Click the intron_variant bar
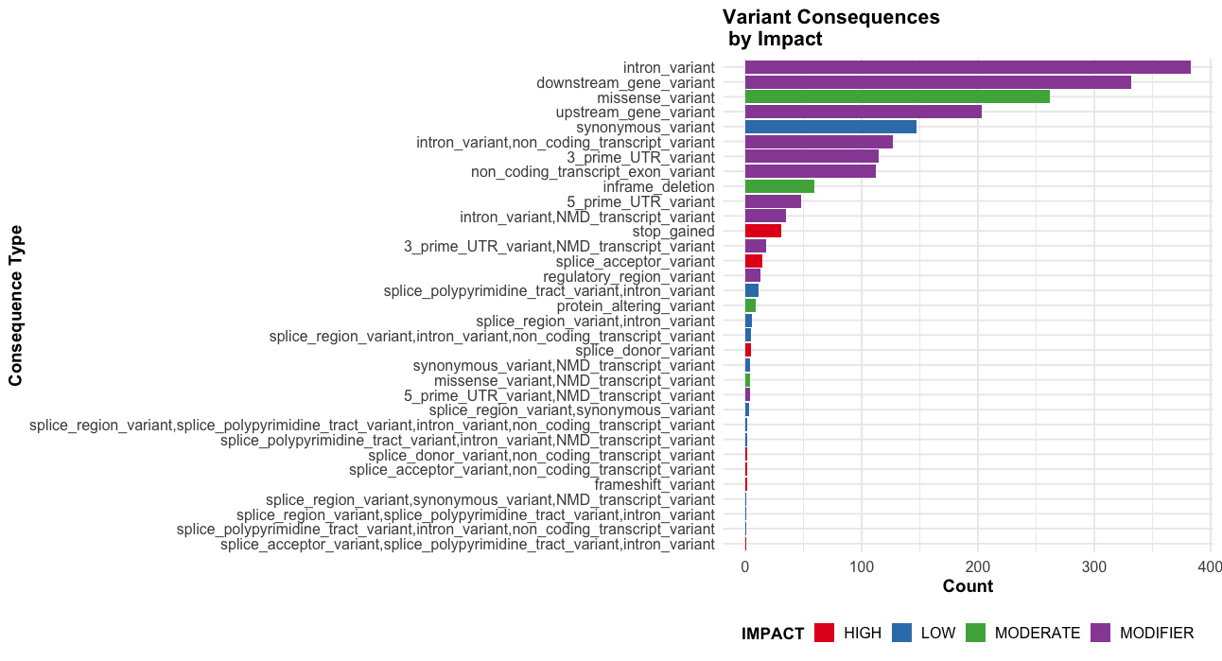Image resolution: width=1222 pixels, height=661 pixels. [967, 67]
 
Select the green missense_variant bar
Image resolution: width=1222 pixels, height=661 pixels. [897, 97]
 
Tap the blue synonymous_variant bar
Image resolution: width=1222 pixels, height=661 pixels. [830, 127]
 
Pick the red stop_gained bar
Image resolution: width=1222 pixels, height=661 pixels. [762, 232]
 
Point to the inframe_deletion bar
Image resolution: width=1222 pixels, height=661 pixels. [779, 186]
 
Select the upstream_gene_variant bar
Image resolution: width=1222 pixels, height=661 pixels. [863, 113]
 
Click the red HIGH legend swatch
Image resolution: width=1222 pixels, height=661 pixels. [825, 633]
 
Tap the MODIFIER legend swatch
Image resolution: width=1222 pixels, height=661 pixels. [1101, 633]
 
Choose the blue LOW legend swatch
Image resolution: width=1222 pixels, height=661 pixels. [903, 633]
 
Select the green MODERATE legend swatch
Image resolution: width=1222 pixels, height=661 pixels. [975, 633]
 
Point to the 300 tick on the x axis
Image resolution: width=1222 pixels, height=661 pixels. [1094, 566]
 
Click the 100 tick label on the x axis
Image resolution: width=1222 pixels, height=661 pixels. [861, 566]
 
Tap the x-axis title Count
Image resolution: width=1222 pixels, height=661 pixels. [968, 586]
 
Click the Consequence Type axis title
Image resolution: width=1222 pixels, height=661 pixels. [15, 304]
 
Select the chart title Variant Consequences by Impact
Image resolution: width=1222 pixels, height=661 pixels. [830, 28]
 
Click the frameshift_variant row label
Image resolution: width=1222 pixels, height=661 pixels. [655, 485]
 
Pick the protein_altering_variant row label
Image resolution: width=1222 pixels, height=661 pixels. [636, 306]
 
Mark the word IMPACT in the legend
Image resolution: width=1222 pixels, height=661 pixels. [773, 634]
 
